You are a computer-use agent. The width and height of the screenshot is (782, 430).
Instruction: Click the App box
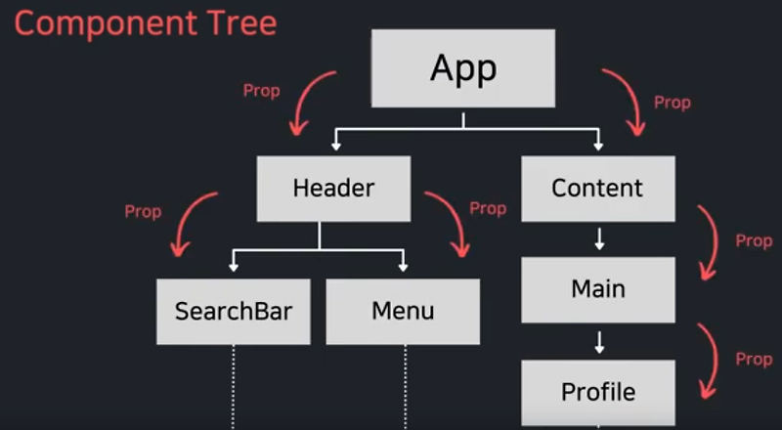point(462,68)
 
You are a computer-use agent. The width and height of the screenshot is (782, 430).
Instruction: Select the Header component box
point(333,189)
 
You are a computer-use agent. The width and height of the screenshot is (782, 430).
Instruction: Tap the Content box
point(598,189)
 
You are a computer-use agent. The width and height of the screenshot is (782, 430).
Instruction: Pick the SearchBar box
point(234,312)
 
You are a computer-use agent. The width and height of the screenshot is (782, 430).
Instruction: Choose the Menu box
point(403,312)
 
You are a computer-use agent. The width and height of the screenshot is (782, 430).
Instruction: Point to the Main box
point(598,290)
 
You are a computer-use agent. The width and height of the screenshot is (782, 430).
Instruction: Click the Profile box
point(598,393)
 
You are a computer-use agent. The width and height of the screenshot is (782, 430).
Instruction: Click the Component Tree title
point(145,23)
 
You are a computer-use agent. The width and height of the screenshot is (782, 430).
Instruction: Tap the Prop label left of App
point(261,91)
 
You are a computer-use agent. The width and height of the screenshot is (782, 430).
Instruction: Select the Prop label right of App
point(673,103)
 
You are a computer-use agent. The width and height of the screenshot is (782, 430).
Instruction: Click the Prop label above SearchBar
point(143,212)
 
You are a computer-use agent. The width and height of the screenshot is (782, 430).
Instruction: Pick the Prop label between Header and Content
point(488,208)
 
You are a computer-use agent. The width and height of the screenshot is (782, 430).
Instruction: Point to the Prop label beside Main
point(754,241)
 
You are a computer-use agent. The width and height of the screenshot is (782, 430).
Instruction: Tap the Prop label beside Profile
point(754,360)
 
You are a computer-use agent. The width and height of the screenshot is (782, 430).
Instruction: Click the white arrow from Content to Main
point(599,239)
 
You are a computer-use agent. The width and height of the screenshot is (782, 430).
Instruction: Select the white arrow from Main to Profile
point(599,342)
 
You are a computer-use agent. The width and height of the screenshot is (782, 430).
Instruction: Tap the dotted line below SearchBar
point(233,387)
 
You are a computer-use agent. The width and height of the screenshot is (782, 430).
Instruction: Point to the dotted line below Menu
point(405,387)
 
